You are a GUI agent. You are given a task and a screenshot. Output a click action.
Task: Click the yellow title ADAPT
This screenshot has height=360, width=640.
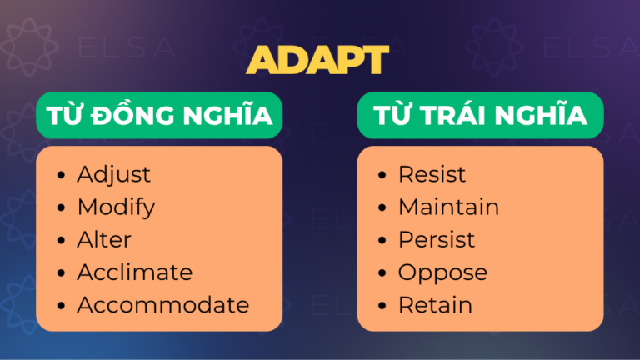coord(319,60)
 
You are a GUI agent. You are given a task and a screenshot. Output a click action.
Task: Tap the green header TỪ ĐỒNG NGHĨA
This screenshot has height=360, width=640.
coord(159,117)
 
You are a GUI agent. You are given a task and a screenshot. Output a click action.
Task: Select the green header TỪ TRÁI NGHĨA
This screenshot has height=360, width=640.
coord(480,117)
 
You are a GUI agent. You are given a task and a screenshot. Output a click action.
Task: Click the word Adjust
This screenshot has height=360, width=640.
coord(114,174)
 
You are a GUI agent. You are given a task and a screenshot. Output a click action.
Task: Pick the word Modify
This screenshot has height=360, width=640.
coord(116,207)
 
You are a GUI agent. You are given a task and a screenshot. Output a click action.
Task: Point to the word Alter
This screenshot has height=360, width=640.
coord(104,239)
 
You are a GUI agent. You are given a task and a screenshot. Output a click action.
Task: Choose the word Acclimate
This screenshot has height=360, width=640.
coord(134,272)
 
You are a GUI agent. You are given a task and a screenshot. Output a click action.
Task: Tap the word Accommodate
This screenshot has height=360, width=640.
coord(162,304)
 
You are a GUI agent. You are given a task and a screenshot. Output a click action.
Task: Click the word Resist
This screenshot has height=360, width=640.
coord(432,174)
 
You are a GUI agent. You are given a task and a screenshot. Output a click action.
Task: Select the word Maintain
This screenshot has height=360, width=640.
coord(448,207)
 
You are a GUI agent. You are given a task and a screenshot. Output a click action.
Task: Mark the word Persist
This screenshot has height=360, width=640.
coord(436,239)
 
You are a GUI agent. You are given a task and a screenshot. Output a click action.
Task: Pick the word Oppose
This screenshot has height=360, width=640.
coord(442,272)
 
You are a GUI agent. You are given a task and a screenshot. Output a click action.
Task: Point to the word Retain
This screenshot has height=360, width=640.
coord(435,304)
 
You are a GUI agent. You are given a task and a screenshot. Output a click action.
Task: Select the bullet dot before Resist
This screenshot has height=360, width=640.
coord(382,175)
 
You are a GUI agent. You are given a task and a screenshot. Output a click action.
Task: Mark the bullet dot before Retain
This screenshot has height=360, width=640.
coord(382,305)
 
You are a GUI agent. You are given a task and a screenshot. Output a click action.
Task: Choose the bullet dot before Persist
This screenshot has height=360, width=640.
coord(382,240)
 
